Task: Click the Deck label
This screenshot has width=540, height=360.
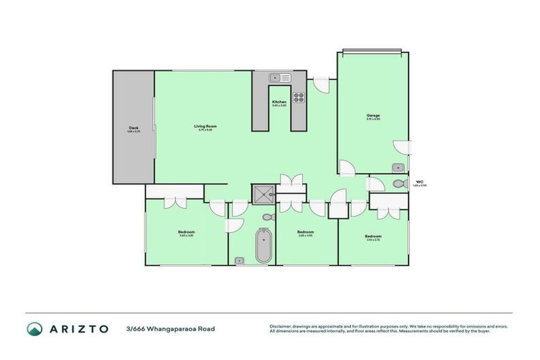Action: [133, 127]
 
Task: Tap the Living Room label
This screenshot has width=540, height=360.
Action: [204, 126]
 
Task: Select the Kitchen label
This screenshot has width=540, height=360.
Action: [279, 102]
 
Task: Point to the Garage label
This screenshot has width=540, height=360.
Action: [373, 115]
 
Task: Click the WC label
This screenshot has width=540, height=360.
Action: [419, 181]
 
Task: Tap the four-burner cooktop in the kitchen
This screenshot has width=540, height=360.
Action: [298, 98]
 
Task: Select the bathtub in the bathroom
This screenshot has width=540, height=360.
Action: [263, 246]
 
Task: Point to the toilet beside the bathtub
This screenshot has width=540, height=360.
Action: [267, 217]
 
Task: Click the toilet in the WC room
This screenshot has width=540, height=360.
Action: [400, 184]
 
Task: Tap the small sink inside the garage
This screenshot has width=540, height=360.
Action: [398, 167]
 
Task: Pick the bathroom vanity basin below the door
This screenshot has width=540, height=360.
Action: [239, 261]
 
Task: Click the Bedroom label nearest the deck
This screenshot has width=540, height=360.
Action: [186, 232]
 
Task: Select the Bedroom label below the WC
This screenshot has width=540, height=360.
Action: [373, 236]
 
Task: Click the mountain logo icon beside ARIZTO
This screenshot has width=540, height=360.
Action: [34, 328]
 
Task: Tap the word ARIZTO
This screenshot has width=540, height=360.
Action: [79, 328]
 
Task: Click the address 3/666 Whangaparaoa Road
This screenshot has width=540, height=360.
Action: [171, 328]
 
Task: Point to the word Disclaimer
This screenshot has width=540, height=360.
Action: [281, 326]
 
